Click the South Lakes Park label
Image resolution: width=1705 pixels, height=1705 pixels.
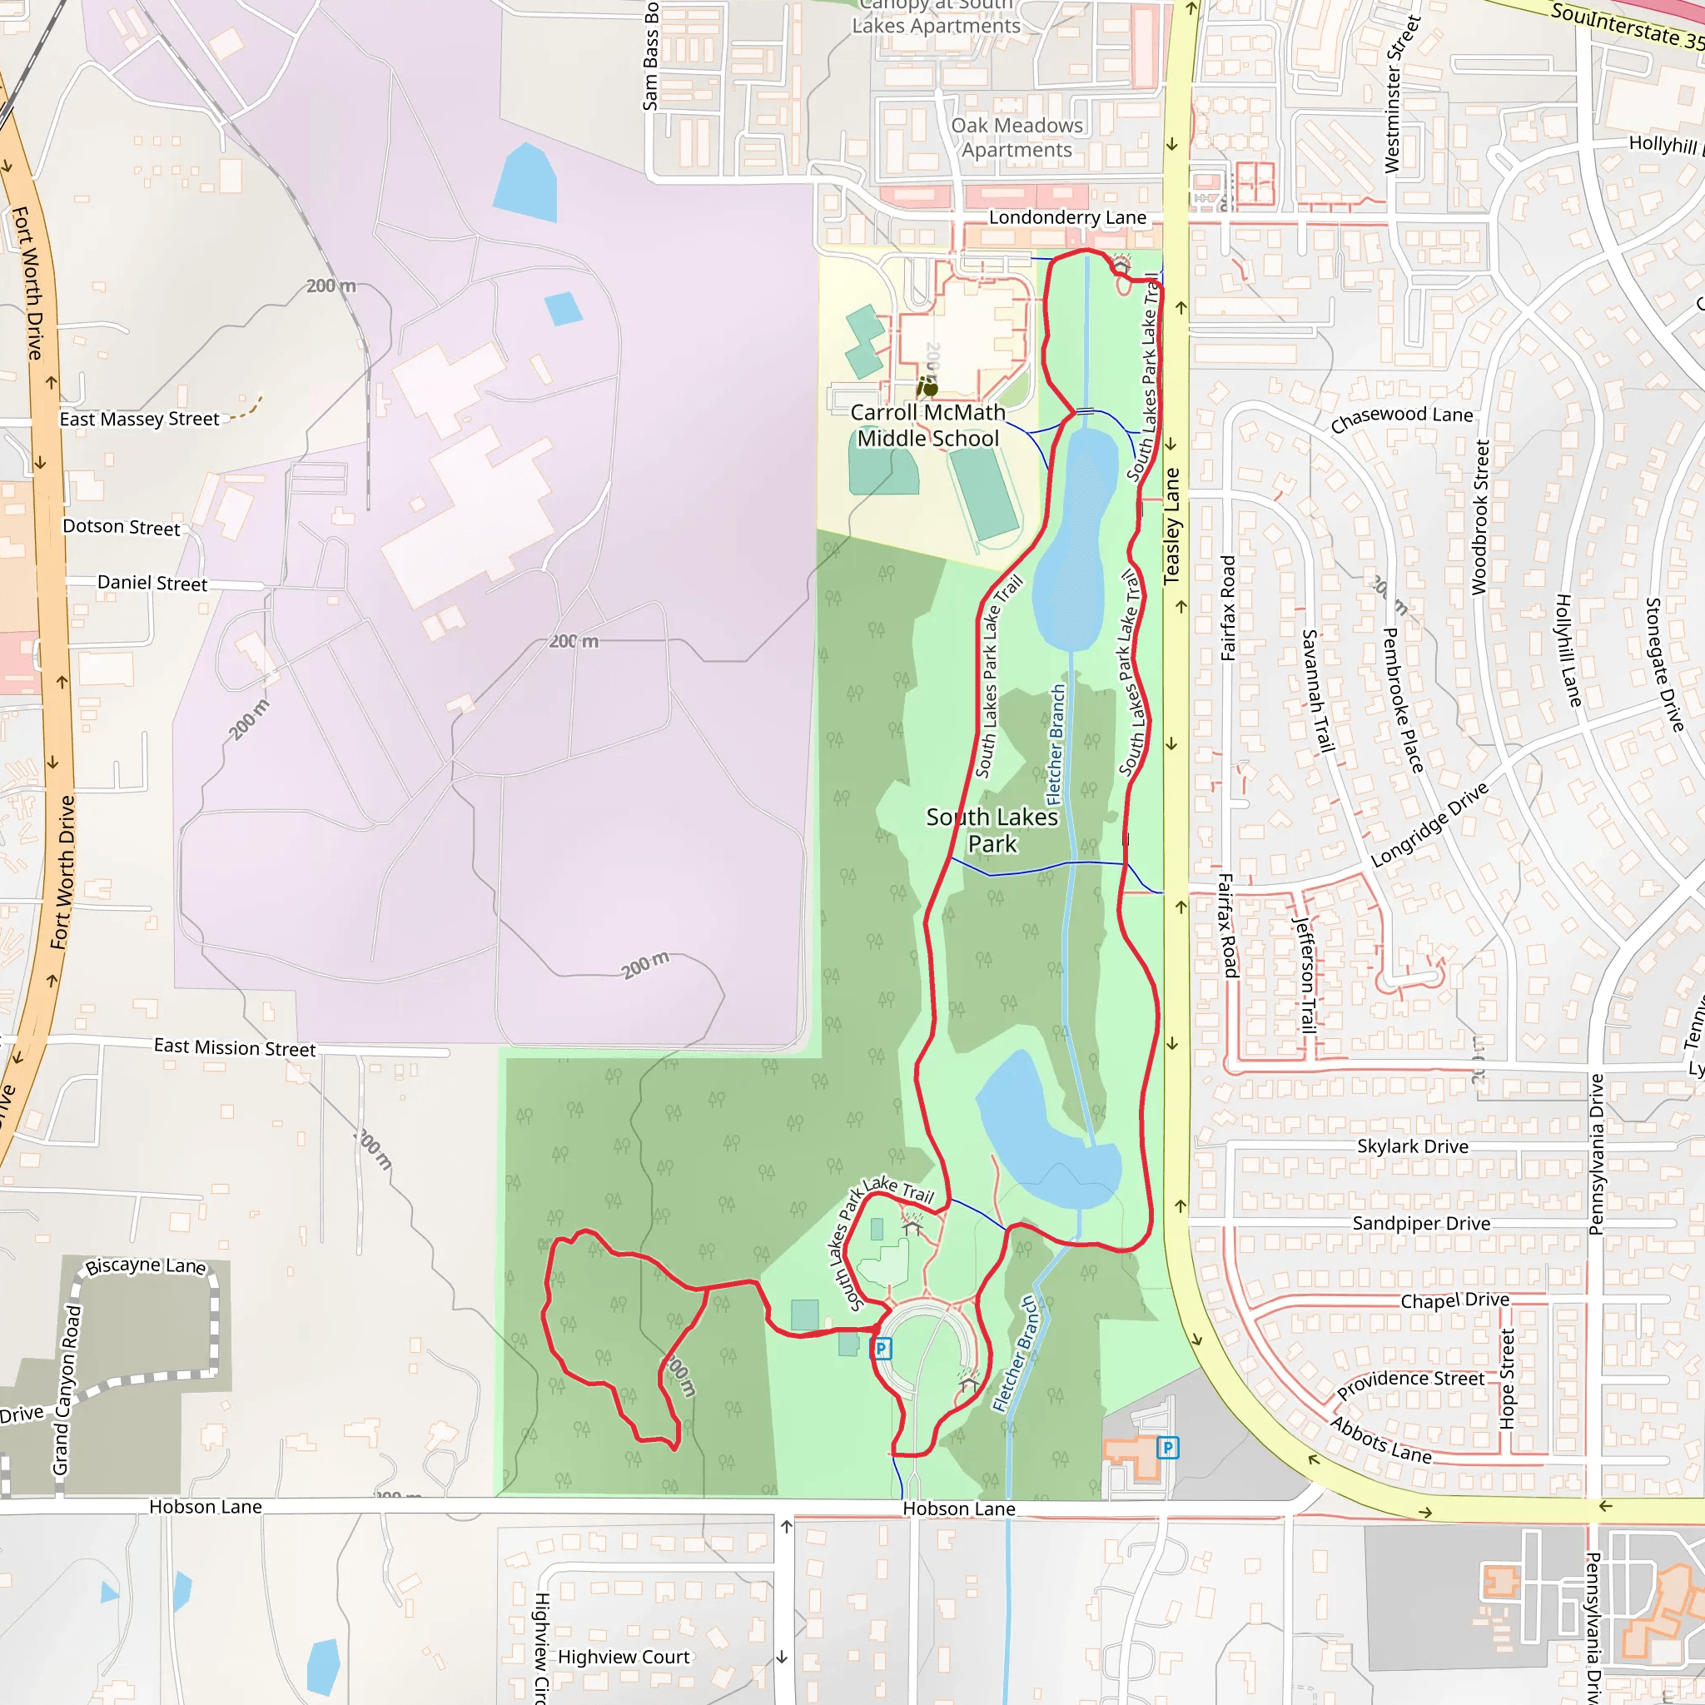(x=991, y=830)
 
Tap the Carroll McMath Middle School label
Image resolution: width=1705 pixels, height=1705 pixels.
(x=927, y=425)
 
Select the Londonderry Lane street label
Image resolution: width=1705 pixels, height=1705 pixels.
(x=1067, y=217)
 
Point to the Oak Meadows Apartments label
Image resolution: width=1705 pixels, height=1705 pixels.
(x=1017, y=137)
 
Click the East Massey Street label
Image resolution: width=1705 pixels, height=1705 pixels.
(x=139, y=420)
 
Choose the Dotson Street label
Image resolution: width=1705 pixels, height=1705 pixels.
(x=121, y=527)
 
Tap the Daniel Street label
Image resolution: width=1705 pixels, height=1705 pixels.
(x=152, y=583)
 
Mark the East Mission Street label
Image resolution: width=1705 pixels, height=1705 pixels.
(x=235, y=1047)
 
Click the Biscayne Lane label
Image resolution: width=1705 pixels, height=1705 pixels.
(x=146, y=1265)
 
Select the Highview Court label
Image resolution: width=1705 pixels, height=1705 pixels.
(x=623, y=1657)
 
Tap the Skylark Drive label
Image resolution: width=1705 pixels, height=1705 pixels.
(x=1413, y=1146)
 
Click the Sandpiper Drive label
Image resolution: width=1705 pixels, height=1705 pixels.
(x=1421, y=1223)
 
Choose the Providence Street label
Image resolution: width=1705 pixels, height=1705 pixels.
(x=1410, y=1384)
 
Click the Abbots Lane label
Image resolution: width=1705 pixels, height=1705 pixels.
(x=1380, y=1441)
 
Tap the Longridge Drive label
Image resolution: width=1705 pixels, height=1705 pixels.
(x=1429, y=825)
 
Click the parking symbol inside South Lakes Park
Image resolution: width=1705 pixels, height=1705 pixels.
(x=881, y=1349)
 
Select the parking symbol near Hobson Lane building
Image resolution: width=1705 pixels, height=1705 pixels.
(x=1167, y=1447)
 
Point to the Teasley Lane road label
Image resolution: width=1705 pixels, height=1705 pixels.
(x=1172, y=526)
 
